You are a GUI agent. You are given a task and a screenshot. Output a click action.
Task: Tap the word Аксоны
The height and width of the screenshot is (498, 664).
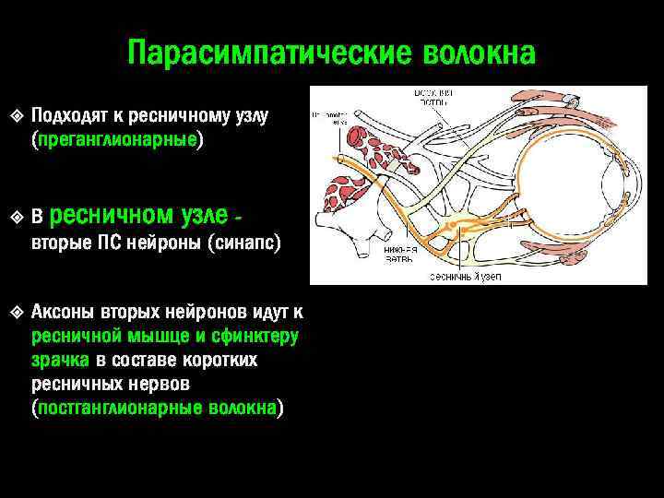click(x=66, y=311)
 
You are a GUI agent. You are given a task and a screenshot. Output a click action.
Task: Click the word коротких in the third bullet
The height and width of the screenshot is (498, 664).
click(x=225, y=360)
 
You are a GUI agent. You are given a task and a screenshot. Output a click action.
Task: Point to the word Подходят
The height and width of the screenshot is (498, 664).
click(x=70, y=117)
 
